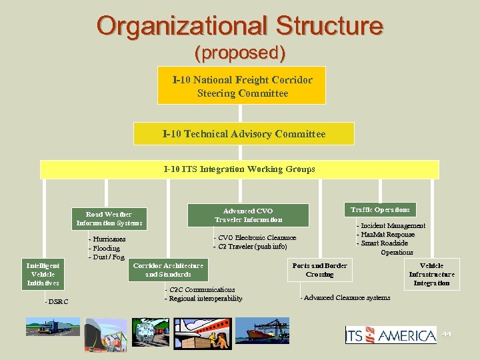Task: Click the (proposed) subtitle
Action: (x=240, y=52)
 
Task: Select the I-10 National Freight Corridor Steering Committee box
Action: (x=241, y=85)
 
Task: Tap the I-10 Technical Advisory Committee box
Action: (x=244, y=134)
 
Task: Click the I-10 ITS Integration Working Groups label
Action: (x=239, y=169)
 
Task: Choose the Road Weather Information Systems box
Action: (x=109, y=219)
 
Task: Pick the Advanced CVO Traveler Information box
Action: (x=248, y=215)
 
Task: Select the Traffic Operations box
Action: (x=380, y=210)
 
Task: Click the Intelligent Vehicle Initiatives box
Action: (x=43, y=274)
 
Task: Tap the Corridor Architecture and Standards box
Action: (x=168, y=270)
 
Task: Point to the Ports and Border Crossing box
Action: (x=319, y=270)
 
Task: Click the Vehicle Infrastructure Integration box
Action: (x=431, y=274)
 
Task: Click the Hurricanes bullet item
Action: (x=109, y=239)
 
